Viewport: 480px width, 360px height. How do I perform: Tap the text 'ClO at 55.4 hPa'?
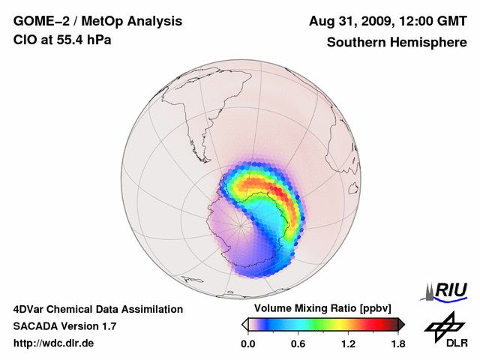pos(62,40)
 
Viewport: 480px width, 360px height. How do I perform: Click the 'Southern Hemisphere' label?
pos(396,43)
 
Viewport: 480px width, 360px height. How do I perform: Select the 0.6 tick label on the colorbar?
pos(298,343)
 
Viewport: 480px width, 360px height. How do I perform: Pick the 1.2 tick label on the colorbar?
pos(347,343)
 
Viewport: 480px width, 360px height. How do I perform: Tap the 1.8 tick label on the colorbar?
pos(397,343)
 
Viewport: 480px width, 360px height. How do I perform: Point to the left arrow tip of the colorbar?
pos(244,324)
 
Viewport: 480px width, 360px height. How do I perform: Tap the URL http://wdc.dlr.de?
pos(54,343)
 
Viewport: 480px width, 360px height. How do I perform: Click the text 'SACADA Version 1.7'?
pos(64,326)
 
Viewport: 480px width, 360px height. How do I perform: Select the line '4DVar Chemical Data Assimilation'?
pos(97,309)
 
